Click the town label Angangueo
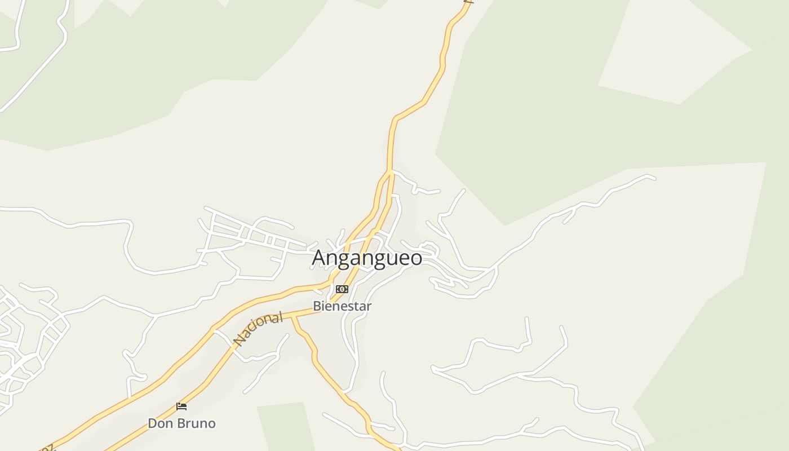click(x=367, y=258)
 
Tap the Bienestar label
click(x=342, y=306)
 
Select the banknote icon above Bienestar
click(x=342, y=289)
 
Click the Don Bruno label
click(x=181, y=423)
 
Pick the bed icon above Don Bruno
click(x=181, y=406)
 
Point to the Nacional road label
click(x=258, y=329)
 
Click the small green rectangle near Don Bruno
click(x=285, y=426)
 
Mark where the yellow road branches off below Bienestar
click(x=292, y=317)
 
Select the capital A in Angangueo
click(x=320, y=258)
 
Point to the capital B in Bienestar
click(x=317, y=306)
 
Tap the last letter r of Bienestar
click(x=369, y=307)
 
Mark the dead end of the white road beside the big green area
click(x=654, y=179)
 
